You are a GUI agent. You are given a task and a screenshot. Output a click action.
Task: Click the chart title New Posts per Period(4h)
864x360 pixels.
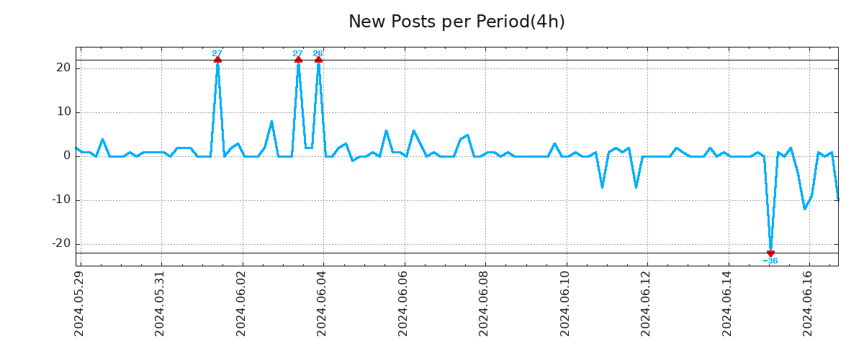tap(456, 22)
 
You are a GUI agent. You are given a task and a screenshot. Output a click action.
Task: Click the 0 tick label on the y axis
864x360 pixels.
tap(67, 156)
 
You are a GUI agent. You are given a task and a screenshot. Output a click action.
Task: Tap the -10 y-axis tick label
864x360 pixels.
tap(61, 199)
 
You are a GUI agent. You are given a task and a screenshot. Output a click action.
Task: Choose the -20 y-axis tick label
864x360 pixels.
tap(61, 243)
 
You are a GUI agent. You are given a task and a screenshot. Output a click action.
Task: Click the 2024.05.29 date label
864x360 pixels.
tap(79, 303)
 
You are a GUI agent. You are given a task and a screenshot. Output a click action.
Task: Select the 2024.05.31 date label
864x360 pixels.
tap(161, 303)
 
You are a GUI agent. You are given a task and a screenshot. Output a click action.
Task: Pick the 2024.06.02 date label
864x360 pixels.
tap(241, 303)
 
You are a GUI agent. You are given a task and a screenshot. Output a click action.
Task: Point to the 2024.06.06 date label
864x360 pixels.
tap(403, 303)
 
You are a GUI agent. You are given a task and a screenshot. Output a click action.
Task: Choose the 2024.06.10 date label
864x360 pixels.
tap(565, 303)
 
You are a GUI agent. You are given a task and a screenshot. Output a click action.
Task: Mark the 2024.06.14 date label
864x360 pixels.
tap(727, 303)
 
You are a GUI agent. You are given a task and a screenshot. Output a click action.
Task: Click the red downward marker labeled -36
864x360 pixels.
tap(770, 253)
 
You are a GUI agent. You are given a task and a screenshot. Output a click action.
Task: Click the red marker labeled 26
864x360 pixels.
tap(318, 60)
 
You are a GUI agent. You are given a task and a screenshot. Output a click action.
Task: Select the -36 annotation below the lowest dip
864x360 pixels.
tap(770, 261)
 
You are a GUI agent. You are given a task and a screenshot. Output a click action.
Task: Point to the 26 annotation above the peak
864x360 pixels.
tap(318, 53)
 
